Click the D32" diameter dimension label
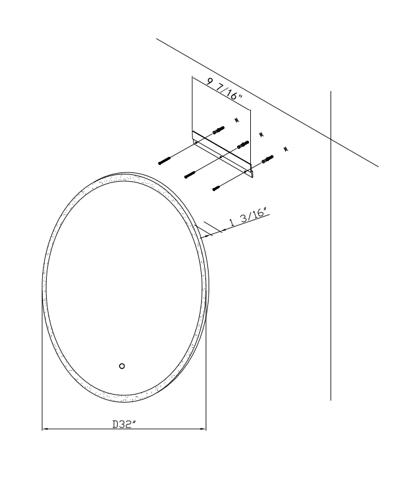125,425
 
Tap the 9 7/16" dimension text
224,89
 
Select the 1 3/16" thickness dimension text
248,217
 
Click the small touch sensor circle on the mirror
122,366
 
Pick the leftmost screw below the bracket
165,161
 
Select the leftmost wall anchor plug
219,130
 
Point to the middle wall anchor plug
243,144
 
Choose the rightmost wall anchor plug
268,159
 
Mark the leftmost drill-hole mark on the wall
237,120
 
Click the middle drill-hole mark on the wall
261,134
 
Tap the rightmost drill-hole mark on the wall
286,149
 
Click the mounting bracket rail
222,154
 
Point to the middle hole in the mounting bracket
220,157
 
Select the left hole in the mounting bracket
196,143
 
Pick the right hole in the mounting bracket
245,171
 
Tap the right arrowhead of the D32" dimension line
204,429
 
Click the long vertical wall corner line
331,245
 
